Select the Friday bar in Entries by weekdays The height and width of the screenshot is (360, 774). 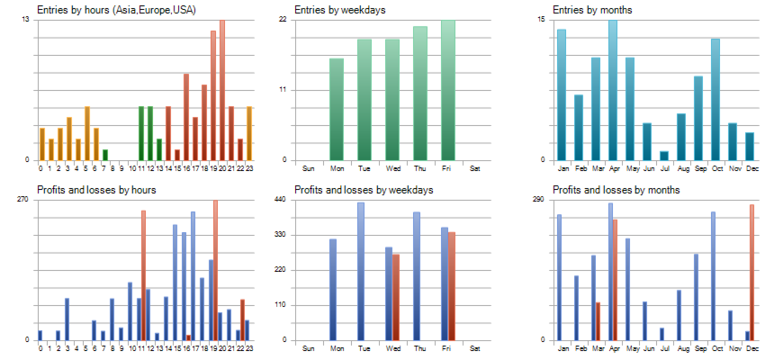pyautogui.click(x=447, y=90)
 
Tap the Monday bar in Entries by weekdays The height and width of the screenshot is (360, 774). pyautogui.click(x=337, y=109)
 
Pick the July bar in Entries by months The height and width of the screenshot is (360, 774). pyautogui.click(x=664, y=156)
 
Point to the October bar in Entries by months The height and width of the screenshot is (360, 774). pyautogui.click(x=715, y=99)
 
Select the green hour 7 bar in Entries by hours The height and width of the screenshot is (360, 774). pyautogui.click(x=105, y=155)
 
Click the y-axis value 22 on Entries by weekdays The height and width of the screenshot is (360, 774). pyautogui.click(x=283, y=19)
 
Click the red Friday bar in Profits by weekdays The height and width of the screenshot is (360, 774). pyautogui.click(x=452, y=286)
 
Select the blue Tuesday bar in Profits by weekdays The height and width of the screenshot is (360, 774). pyautogui.click(x=361, y=271)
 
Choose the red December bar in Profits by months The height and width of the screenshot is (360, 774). pyautogui.click(x=751, y=272)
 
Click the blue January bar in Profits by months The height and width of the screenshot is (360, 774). pyautogui.click(x=559, y=277)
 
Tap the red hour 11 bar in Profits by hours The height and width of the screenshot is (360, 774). pyautogui.click(x=143, y=275)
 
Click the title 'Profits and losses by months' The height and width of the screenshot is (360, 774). pyautogui.click(x=616, y=190)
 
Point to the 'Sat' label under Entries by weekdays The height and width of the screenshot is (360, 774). pyautogui.click(x=475, y=168)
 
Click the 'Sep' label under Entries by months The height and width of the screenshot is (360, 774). pyautogui.click(x=698, y=168)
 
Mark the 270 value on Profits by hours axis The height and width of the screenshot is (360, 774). pyautogui.click(x=23, y=199)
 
